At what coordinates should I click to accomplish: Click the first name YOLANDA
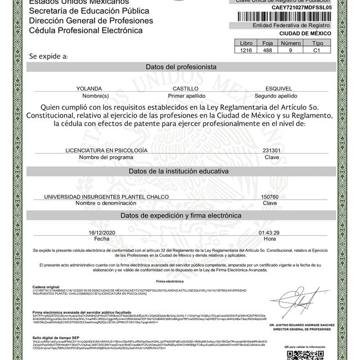coord(91,89)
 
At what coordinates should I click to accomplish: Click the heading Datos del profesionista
coord(181,67)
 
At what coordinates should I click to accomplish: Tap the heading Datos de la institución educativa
coord(181,170)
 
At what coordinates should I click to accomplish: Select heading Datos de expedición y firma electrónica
coord(181,216)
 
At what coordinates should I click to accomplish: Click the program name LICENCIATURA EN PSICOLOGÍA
coord(107,151)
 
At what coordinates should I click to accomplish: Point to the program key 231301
coord(272,151)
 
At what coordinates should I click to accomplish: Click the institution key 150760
coord(271,196)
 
